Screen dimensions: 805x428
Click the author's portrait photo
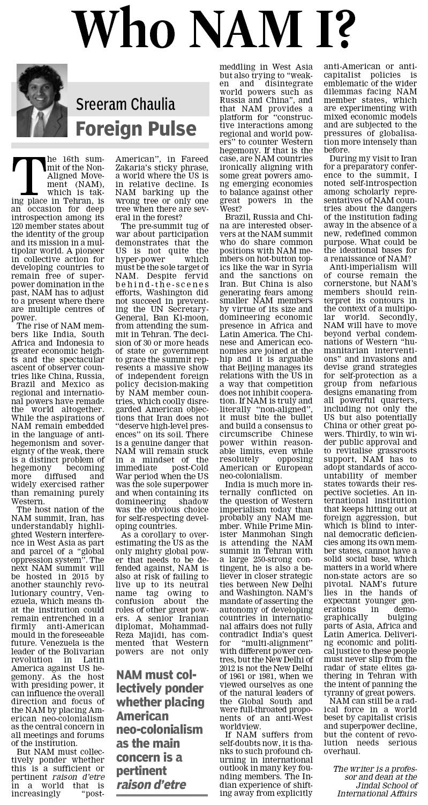tap(41, 101)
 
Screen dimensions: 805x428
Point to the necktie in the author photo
tap(39, 124)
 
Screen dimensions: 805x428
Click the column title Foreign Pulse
tap(136, 128)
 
